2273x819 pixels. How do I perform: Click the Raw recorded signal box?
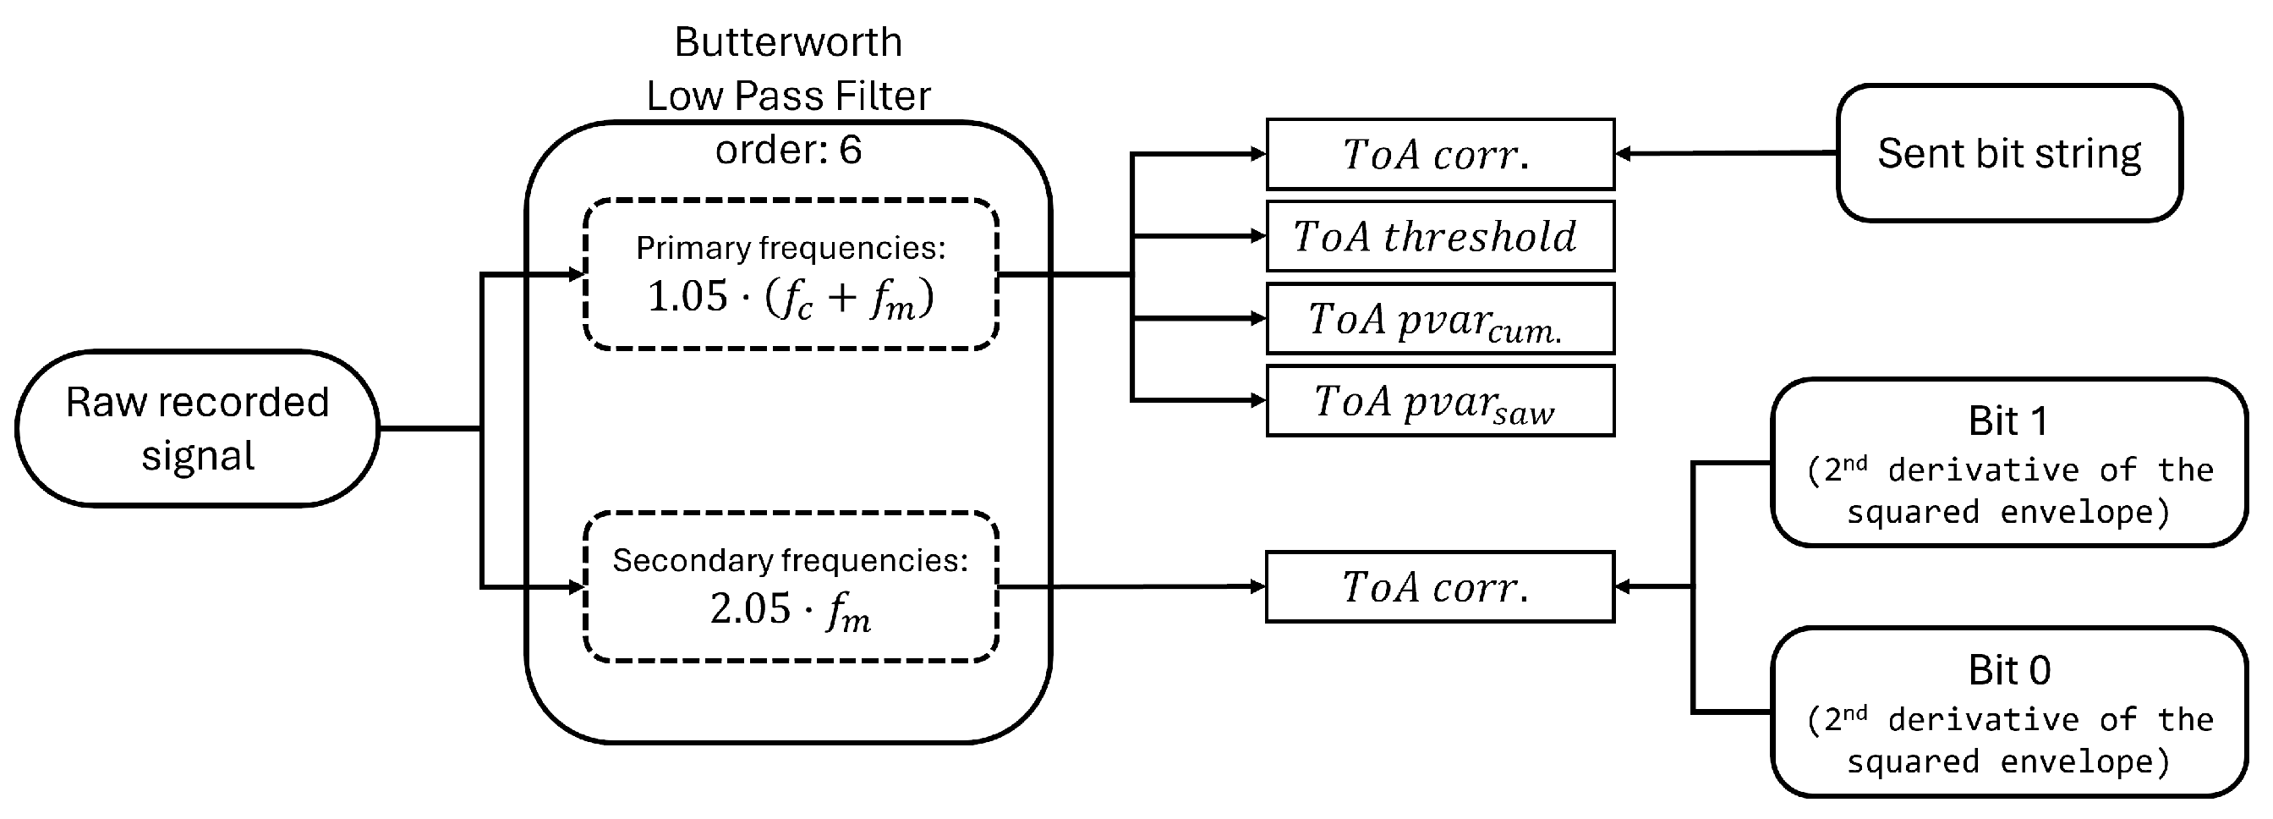[198, 429]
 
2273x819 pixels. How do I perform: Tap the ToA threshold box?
[1440, 237]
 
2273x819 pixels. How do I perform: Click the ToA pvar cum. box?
[1440, 319]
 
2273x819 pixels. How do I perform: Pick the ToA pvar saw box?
[1440, 402]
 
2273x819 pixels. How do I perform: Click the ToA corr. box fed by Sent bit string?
[1440, 155]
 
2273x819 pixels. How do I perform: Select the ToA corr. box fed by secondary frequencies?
[1440, 587]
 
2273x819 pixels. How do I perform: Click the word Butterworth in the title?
[788, 42]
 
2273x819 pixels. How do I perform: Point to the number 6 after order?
[851, 150]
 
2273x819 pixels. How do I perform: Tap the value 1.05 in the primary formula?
[687, 296]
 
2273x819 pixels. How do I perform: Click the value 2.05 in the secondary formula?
[750, 609]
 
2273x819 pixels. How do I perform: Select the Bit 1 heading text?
[2008, 421]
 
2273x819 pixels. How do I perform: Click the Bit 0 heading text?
[2009, 671]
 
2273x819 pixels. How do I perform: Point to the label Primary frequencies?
[791, 248]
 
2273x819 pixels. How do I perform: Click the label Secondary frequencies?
[791, 560]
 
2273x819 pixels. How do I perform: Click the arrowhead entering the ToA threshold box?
[1258, 237]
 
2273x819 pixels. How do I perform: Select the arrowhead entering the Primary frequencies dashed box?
[577, 274]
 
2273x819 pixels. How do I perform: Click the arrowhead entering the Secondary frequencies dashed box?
[577, 587]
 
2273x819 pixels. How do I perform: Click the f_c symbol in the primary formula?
[794, 300]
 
